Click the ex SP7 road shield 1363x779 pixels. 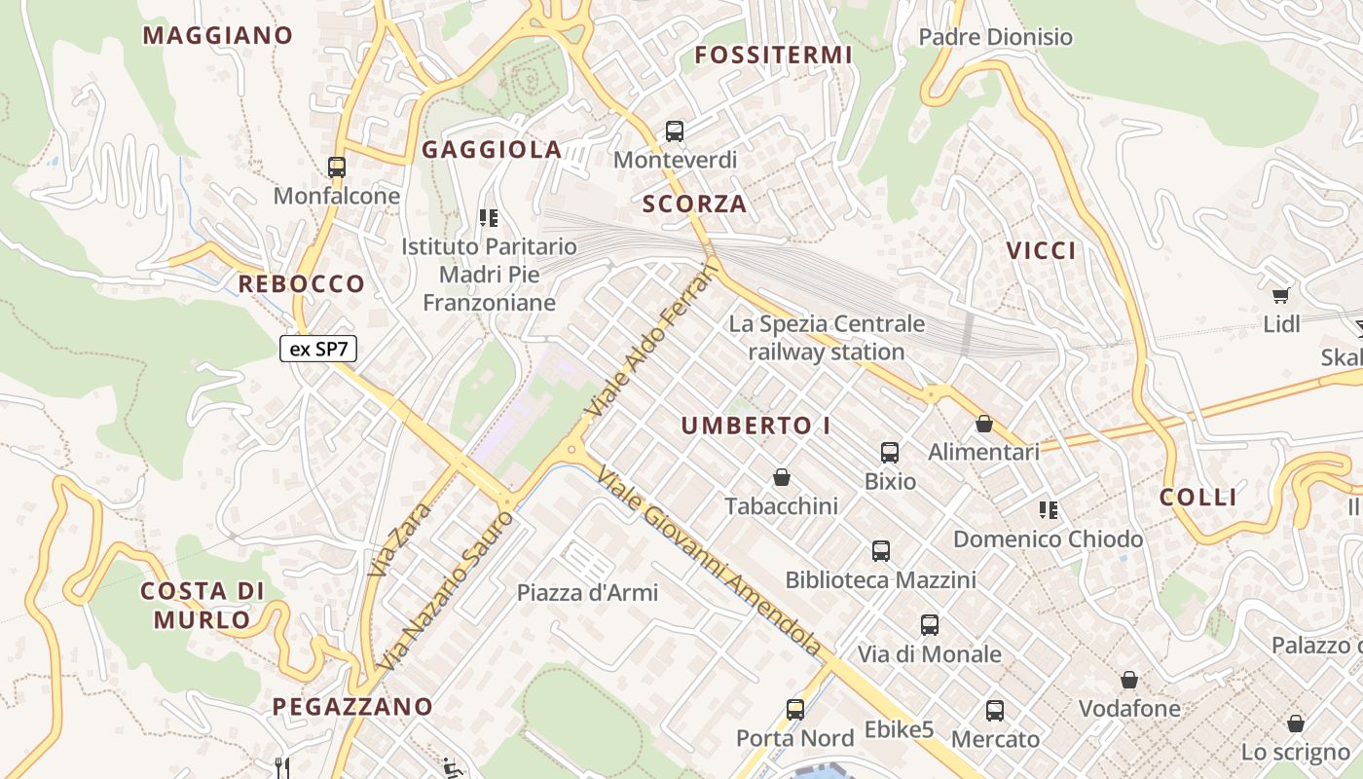pyautogui.click(x=318, y=349)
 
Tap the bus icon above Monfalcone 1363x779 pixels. pyautogui.click(x=337, y=167)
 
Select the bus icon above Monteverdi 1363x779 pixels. pyautogui.click(x=675, y=131)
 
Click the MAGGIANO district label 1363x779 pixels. pyautogui.click(x=218, y=36)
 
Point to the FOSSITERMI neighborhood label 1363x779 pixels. pyautogui.click(x=774, y=56)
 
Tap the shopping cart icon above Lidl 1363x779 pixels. pyautogui.click(x=1281, y=295)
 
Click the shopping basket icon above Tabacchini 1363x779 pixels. pyautogui.click(x=781, y=477)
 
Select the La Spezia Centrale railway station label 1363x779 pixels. pyautogui.click(x=827, y=337)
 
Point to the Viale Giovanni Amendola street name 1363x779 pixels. pyautogui.click(x=710, y=561)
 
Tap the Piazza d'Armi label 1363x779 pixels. pyautogui.click(x=587, y=592)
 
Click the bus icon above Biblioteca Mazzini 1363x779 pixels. pyautogui.click(x=881, y=551)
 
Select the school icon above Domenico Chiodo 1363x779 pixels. pyautogui.click(x=1049, y=509)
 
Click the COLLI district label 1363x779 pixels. pyautogui.click(x=1198, y=498)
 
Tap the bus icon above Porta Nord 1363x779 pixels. pyautogui.click(x=795, y=710)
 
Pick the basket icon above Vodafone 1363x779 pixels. pyautogui.click(x=1129, y=680)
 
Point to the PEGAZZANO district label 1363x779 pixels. pyautogui.click(x=352, y=707)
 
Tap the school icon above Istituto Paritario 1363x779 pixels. pyautogui.click(x=489, y=218)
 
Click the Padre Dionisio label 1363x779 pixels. pyautogui.click(x=996, y=37)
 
